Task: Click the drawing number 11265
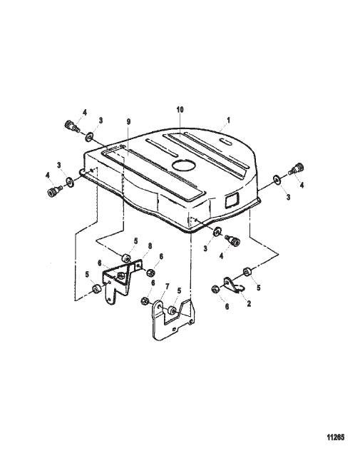tap(336, 437)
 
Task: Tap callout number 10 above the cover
tap(180, 110)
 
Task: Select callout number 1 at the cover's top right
tap(228, 120)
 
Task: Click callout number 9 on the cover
tap(129, 121)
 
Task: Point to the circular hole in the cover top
tap(184, 165)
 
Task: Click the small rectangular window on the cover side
tap(232, 200)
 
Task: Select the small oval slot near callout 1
tap(226, 142)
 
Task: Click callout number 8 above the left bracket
tap(150, 246)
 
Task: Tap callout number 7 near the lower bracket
tap(167, 287)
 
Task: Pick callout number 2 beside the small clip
tap(249, 303)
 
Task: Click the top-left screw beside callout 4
tap(71, 126)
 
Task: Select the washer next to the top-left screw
tap(89, 136)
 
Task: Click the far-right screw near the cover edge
tap(297, 168)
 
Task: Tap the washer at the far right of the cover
tap(277, 179)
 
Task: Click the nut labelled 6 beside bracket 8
tap(150, 273)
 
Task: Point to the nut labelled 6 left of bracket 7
tap(145, 300)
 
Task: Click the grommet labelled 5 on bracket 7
tap(173, 310)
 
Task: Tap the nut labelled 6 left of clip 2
tap(215, 289)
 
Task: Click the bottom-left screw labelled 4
tap(54, 191)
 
